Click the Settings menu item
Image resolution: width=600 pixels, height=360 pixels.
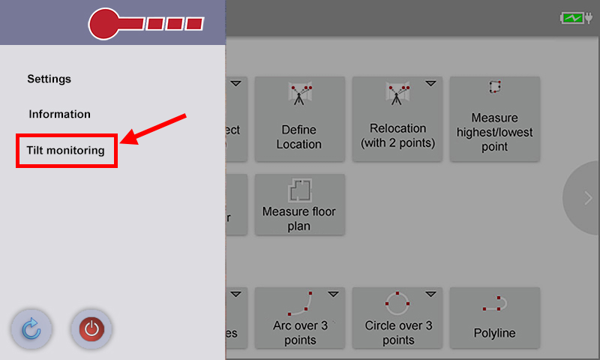tap(49, 79)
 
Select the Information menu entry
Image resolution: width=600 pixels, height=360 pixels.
tap(60, 115)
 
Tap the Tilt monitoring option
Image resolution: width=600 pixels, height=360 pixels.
tap(66, 151)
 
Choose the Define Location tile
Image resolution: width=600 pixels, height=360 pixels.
tap(299, 118)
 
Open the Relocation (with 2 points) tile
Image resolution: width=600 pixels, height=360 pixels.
tap(397, 118)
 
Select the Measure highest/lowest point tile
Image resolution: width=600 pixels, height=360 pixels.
tap(494, 118)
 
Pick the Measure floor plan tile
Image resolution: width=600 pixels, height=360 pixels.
tap(299, 204)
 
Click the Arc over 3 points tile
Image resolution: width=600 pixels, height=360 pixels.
tap(299, 317)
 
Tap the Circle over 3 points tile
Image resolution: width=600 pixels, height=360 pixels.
tap(397, 317)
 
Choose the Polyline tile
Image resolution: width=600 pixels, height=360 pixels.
tap(494, 317)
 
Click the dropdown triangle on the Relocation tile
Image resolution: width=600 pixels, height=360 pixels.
tap(430, 83)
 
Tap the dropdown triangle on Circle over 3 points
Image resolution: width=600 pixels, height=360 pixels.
tap(430, 293)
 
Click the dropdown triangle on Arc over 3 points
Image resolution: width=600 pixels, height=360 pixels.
tap(333, 293)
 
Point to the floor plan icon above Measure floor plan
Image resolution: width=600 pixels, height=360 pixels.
tap(299, 190)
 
